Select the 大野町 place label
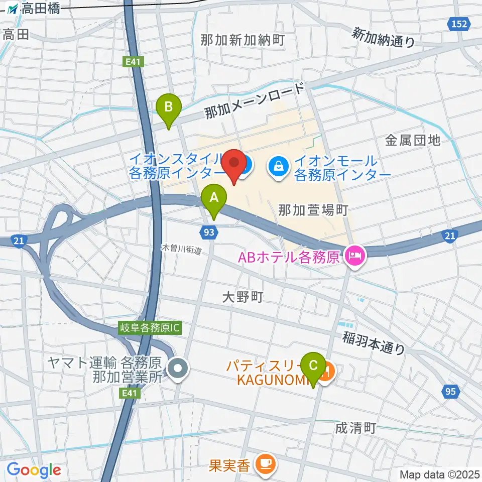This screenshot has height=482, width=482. (x=243, y=298)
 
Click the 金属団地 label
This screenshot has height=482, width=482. (x=413, y=140)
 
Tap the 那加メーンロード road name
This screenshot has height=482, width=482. (x=255, y=102)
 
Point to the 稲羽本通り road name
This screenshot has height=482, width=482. (x=374, y=343)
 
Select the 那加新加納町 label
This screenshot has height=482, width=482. (x=243, y=41)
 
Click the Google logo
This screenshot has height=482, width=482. (x=34, y=470)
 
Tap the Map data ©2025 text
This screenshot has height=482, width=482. (x=440, y=474)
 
